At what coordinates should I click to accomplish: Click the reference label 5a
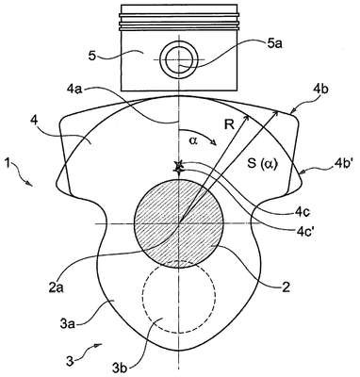[x=274, y=44]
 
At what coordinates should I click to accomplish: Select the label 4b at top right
[x=320, y=90]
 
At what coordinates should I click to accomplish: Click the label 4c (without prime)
[x=303, y=212]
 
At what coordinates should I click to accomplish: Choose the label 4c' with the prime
[x=305, y=233]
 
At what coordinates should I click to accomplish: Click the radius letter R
[x=229, y=125]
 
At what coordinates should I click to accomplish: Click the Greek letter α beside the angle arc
[x=193, y=141]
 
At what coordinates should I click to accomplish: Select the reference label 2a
[x=57, y=287]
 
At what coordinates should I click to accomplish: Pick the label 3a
[x=67, y=322]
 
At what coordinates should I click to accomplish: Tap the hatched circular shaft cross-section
[x=179, y=223]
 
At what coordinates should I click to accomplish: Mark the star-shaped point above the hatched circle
[x=179, y=167]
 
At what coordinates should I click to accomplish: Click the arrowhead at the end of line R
[x=248, y=118]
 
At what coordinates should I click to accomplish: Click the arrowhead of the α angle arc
[x=215, y=144]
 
